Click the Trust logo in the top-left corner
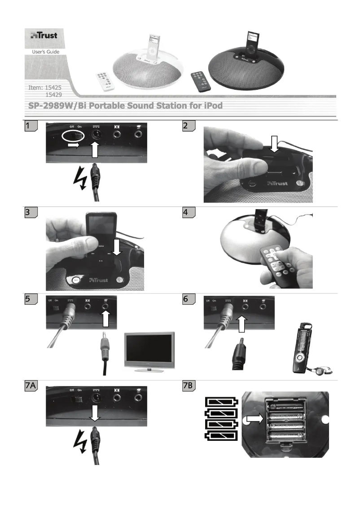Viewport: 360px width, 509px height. coord(44,35)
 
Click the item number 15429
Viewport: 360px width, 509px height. coord(54,95)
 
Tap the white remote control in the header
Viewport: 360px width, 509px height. coord(105,81)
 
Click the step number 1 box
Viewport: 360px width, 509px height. coord(30,127)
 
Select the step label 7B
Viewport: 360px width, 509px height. coord(189,386)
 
